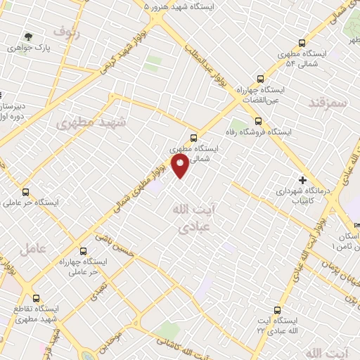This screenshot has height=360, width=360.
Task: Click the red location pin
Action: (181, 167)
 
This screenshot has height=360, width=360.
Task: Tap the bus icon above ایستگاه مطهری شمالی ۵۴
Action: (302, 42)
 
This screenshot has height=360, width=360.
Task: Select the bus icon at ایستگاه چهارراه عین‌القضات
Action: (260, 79)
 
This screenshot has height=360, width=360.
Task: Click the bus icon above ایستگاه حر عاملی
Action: (26, 191)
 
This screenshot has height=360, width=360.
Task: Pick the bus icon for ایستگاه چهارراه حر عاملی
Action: (83, 251)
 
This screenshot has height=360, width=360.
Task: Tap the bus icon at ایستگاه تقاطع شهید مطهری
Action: (36, 298)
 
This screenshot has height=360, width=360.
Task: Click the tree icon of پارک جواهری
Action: (29, 37)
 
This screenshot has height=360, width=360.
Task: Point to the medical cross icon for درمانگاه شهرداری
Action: (303, 179)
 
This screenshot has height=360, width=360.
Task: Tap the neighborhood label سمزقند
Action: (328, 102)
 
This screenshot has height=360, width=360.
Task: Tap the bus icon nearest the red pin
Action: (193, 137)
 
